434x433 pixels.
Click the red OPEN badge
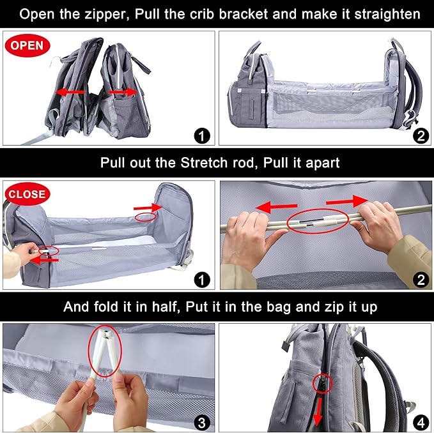[26, 45]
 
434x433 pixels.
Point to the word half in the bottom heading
[161, 307]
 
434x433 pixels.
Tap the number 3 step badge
[201, 422]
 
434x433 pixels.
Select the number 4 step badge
[419, 422]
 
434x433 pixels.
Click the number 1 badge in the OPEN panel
[202, 135]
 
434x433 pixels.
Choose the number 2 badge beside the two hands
[419, 279]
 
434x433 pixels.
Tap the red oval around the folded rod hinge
[102, 351]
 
